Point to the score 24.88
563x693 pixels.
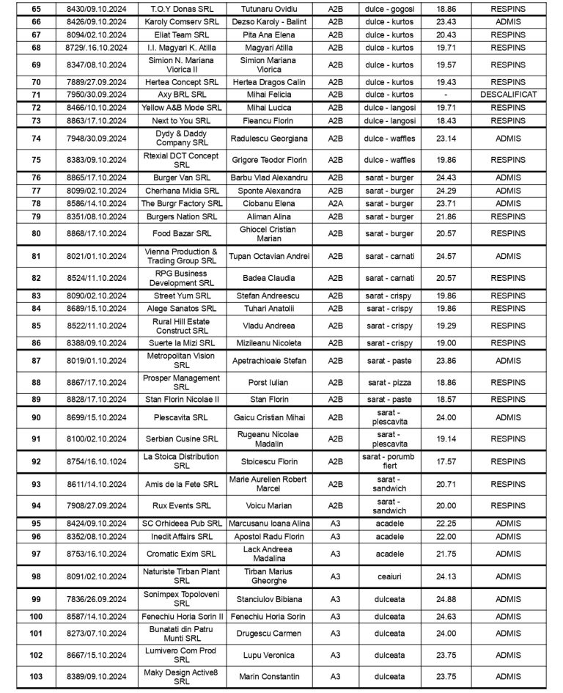(441, 599)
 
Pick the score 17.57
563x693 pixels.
(441, 462)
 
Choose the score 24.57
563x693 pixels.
(441, 256)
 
